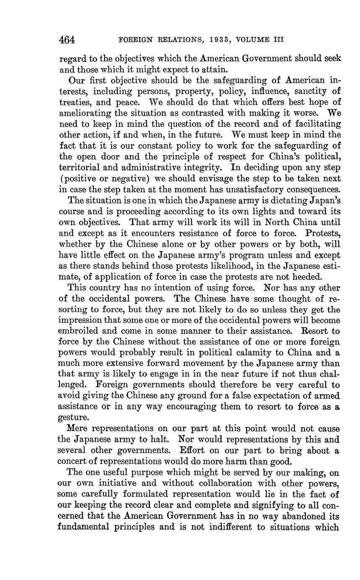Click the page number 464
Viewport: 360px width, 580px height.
(67, 40)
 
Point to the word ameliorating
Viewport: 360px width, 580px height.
(82, 113)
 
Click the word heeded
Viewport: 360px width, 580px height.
(308, 277)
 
